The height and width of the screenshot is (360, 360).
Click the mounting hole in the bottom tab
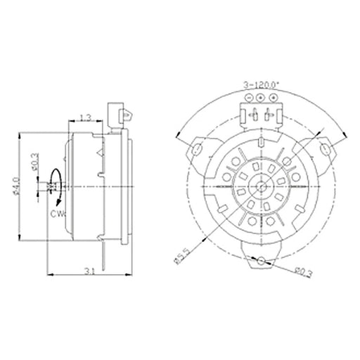point(262,261)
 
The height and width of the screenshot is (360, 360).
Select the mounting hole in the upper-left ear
point(198,148)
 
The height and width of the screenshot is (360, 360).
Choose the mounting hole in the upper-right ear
point(326,148)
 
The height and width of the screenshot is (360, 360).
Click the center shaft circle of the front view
point(262,187)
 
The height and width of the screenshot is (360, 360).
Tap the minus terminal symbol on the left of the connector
point(250,97)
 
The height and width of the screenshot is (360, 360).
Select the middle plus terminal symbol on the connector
point(261,97)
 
